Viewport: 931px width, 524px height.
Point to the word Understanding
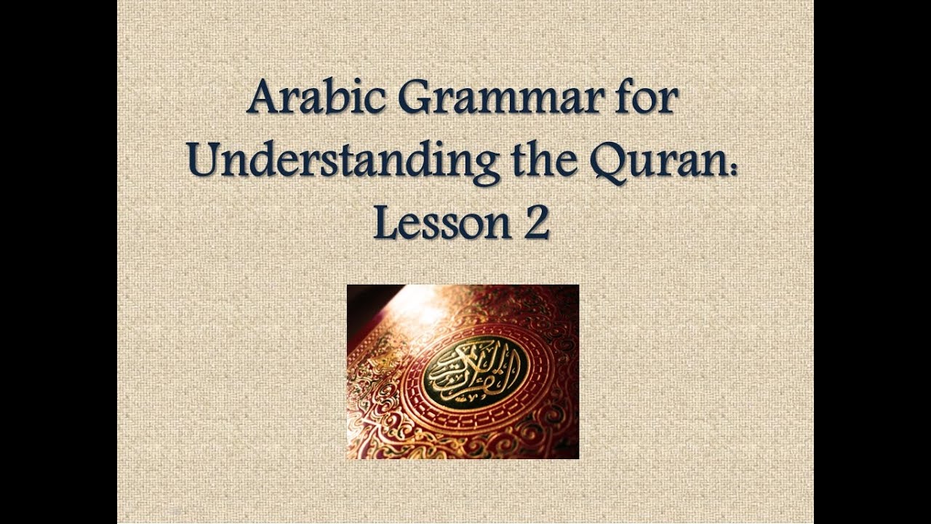click(343, 162)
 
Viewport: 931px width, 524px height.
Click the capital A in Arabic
click(263, 98)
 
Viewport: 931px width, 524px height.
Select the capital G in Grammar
click(416, 98)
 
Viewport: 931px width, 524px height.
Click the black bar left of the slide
click(58, 262)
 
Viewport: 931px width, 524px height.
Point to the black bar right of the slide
click(872, 262)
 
